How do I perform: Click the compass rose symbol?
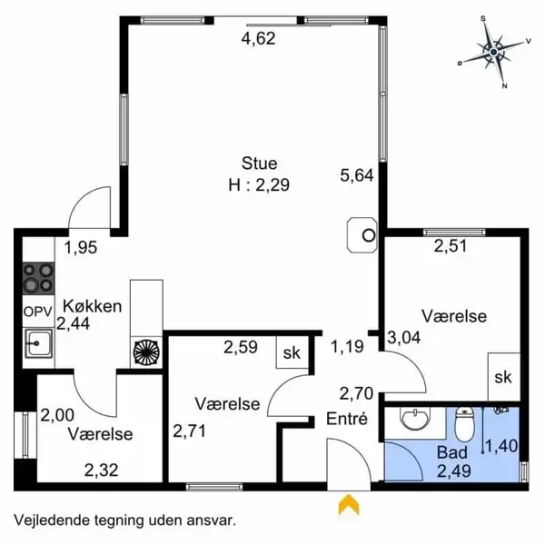pyautogui.click(x=494, y=52)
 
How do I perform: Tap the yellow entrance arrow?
pyautogui.click(x=349, y=505)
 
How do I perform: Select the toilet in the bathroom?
pyautogui.click(x=464, y=423)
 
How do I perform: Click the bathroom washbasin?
pyautogui.click(x=415, y=418)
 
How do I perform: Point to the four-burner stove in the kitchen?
pyautogui.click(x=38, y=279)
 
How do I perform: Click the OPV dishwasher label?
pyautogui.click(x=37, y=312)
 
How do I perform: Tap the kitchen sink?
pyautogui.click(x=38, y=343)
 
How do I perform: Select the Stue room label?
pyautogui.click(x=259, y=163)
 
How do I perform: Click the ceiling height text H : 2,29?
pyautogui.click(x=259, y=185)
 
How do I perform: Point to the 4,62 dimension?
pyautogui.click(x=258, y=38)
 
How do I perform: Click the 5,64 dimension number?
pyautogui.click(x=357, y=175)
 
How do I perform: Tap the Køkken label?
pyautogui.click(x=93, y=306)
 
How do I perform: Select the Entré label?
pyautogui.click(x=347, y=419)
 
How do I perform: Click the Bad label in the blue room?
pyautogui.click(x=451, y=452)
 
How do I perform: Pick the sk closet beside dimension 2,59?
pyautogui.click(x=292, y=352)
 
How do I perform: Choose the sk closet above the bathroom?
pyautogui.click(x=504, y=377)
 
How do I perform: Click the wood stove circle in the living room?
pyautogui.click(x=369, y=235)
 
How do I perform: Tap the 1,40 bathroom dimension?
pyautogui.click(x=501, y=446)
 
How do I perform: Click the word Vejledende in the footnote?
pyautogui.click(x=52, y=520)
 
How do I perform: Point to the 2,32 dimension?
pyautogui.click(x=102, y=471)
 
